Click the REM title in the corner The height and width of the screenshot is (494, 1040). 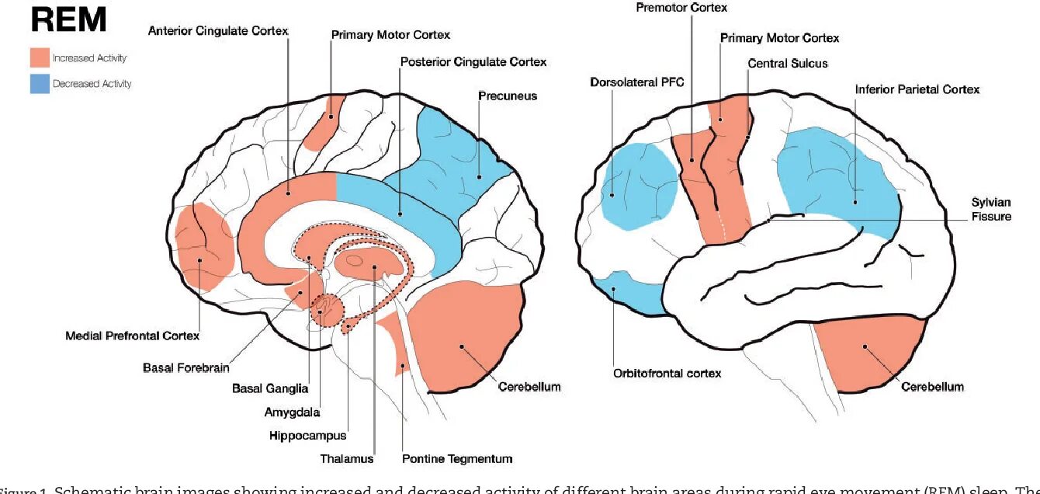68,20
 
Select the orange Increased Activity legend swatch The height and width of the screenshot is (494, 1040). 40,58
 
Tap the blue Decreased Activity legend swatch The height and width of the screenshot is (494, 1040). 40,83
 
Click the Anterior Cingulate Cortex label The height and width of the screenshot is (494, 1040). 218,31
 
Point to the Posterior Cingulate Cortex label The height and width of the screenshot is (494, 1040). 473,61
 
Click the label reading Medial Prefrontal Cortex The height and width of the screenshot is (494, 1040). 133,336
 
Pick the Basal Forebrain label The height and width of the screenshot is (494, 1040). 185,367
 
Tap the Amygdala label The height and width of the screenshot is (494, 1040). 292,412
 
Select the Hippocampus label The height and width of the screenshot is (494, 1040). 307,436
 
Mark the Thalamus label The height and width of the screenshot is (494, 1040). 347,459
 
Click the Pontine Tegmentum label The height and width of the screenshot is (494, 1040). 457,459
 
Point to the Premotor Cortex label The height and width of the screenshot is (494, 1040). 681,8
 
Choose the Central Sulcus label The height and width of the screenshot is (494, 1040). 788,63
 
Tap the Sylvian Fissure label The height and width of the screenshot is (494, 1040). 991,209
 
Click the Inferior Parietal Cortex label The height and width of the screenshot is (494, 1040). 917,89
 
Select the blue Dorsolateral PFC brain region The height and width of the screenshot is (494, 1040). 638,186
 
